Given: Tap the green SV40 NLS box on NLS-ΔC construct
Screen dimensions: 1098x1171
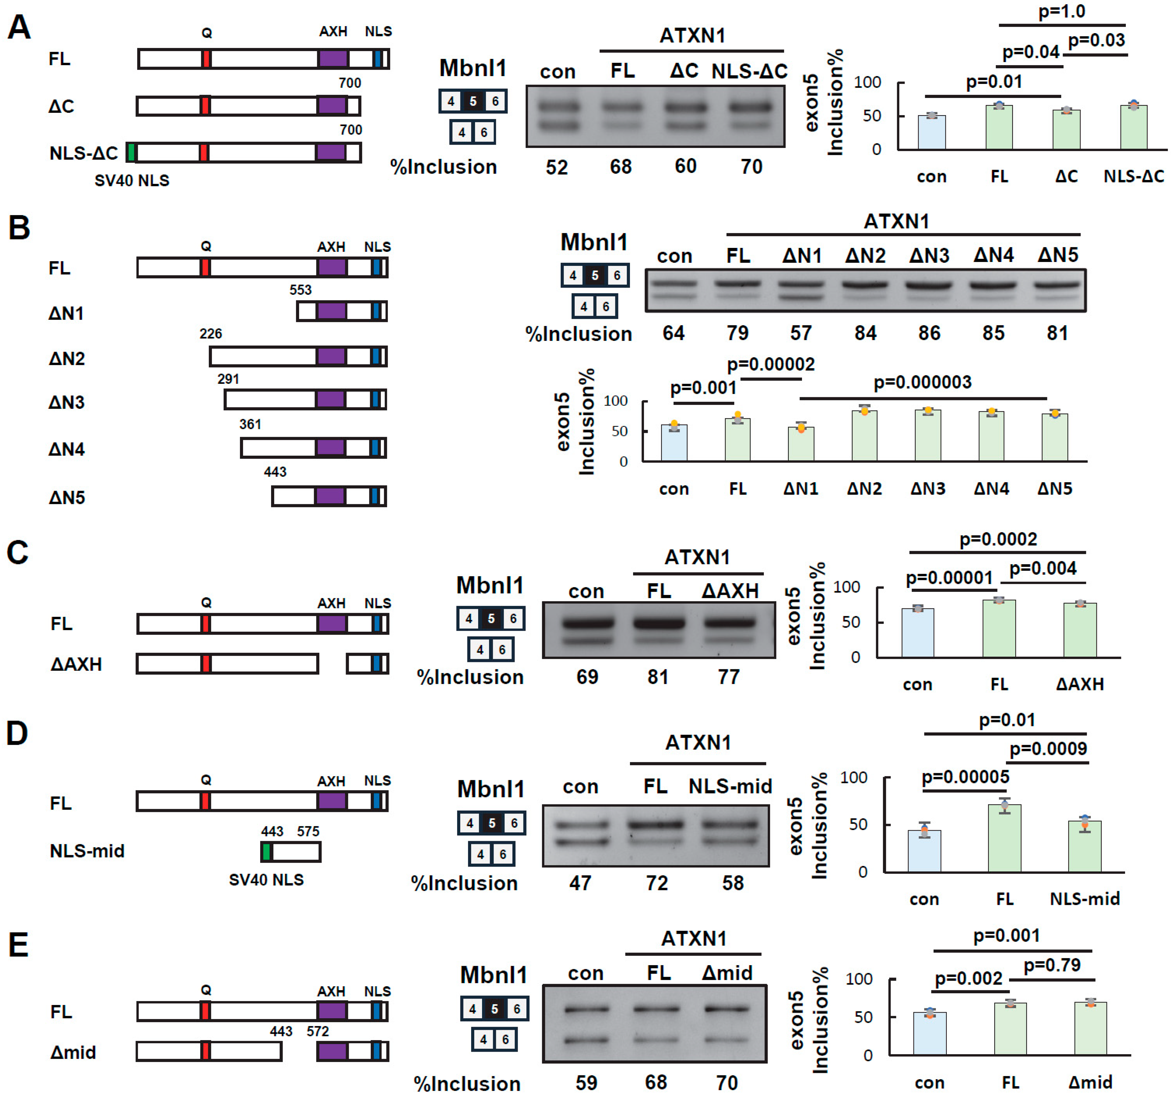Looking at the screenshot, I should (131, 153).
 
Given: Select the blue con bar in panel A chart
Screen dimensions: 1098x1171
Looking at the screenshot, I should (931, 133).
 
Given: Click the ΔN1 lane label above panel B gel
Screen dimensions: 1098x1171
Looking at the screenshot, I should (802, 255).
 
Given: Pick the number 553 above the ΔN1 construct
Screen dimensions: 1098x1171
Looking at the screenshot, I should (301, 289).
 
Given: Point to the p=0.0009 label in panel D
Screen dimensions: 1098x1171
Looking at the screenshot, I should (1048, 748).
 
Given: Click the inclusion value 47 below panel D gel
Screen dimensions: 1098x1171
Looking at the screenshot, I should (580, 883).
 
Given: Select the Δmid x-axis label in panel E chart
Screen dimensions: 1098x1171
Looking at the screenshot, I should (1090, 1082).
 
